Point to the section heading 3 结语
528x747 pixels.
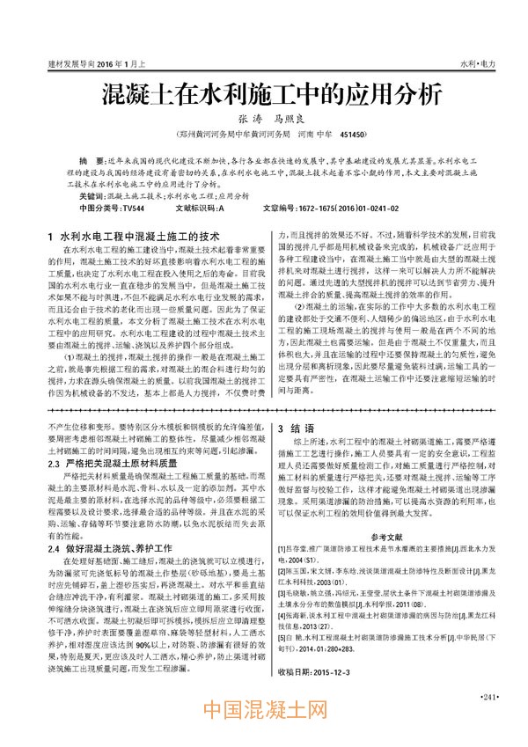tap(293, 428)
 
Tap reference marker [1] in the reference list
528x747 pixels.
tap(282, 547)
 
